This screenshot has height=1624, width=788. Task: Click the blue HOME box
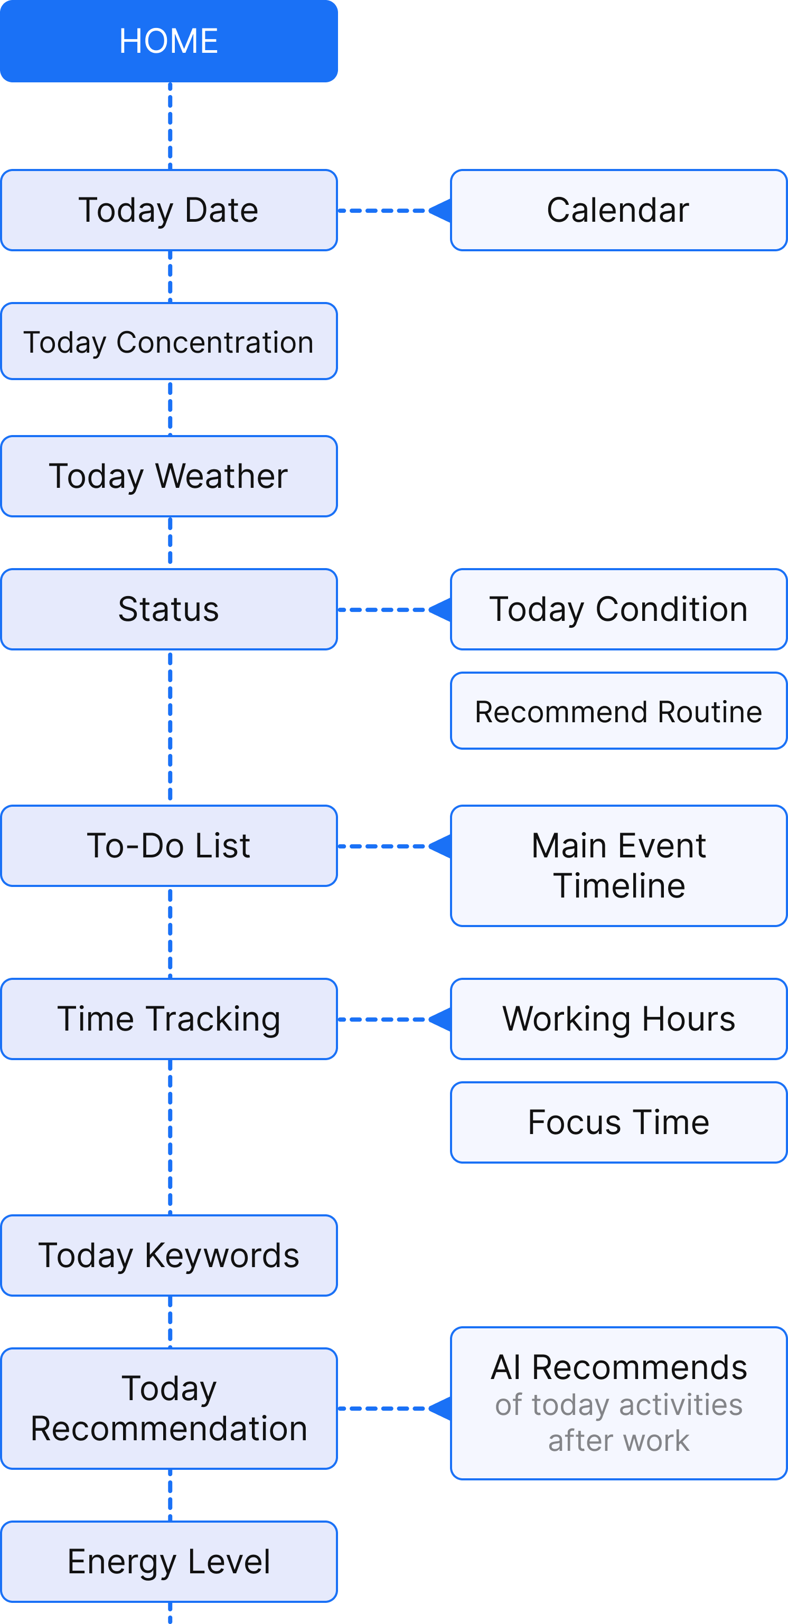(168, 41)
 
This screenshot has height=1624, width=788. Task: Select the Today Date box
(168, 210)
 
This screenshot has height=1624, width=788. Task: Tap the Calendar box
(618, 210)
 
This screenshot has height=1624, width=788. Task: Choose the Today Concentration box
(168, 342)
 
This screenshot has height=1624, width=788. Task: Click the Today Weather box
(168, 476)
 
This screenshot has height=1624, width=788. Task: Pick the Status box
(168, 609)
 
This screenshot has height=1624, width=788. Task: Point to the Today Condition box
(618, 609)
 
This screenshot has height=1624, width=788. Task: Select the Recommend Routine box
(618, 711)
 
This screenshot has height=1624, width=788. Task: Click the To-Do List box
(168, 845)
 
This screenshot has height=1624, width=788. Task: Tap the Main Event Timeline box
(618, 865)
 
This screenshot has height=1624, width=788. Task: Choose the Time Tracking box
(168, 1019)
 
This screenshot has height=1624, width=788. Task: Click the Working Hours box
(618, 1019)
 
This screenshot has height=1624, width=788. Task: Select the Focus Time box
(618, 1122)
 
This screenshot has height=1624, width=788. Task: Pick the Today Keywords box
(168, 1255)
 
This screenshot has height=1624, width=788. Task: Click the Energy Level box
(168, 1562)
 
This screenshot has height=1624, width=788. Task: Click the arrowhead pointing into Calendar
(442, 211)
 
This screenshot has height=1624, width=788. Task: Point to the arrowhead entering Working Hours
(442, 1019)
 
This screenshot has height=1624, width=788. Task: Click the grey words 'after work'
(618, 1441)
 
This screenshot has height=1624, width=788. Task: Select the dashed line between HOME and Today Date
(171, 126)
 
